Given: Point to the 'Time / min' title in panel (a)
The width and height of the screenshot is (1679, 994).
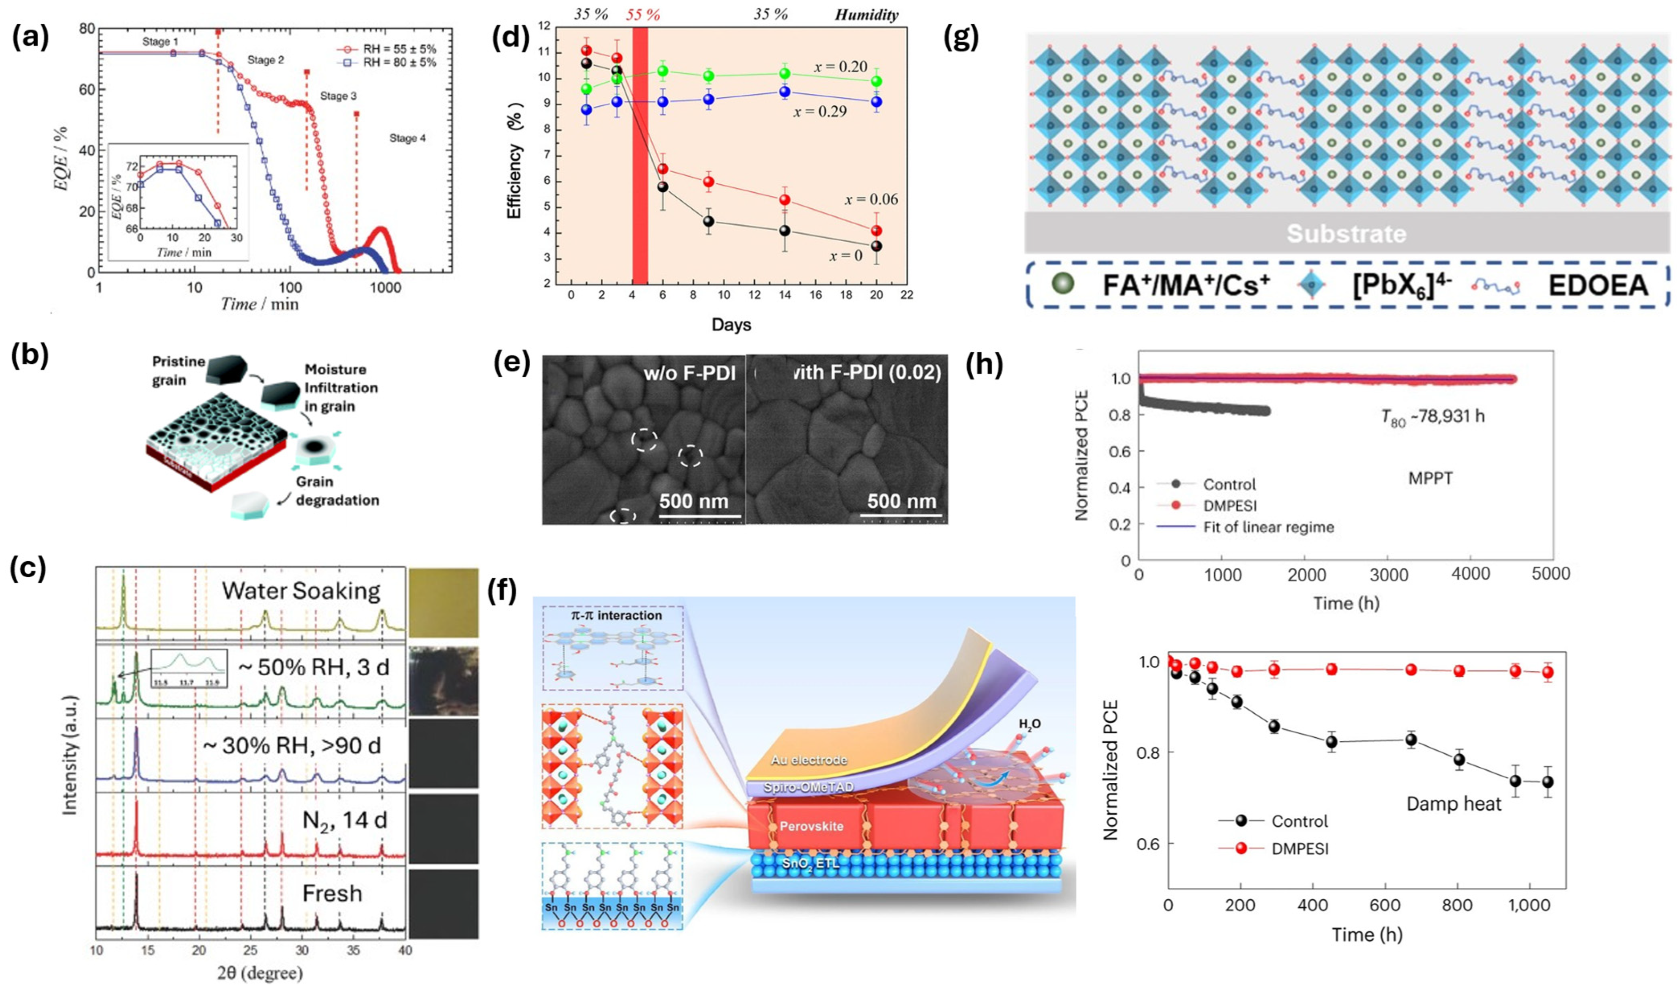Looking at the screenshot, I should click(x=260, y=304).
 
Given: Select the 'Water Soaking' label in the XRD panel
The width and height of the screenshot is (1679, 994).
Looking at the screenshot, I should click(x=301, y=591).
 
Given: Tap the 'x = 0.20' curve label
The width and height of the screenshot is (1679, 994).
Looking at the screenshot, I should click(x=841, y=66).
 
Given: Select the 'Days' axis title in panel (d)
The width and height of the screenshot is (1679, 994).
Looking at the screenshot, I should click(x=731, y=325).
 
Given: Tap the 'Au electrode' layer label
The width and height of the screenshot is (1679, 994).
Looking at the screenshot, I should click(x=809, y=760).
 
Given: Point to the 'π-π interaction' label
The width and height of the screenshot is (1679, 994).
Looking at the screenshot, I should click(x=612, y=615).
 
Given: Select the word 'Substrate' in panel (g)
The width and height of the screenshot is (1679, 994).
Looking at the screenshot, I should click(x=1346, y=234).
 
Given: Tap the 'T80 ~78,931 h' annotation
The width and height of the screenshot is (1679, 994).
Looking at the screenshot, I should click(x=1432, y=417).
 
